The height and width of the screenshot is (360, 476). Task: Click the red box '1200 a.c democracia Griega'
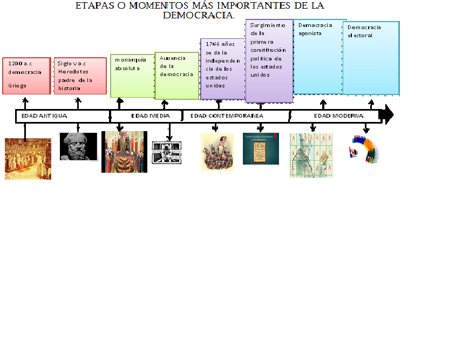(26, 75)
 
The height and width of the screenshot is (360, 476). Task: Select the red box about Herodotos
(80, 75)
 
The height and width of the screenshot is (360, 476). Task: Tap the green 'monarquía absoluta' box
(132, 76)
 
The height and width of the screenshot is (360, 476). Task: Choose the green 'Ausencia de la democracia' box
(176, 76)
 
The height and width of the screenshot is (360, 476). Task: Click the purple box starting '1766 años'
(222, 69)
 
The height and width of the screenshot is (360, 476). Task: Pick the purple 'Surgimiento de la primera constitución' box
(269, 60)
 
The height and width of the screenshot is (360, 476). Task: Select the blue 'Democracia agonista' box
(319, 57)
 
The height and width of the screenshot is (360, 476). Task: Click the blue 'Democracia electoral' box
(371, 58)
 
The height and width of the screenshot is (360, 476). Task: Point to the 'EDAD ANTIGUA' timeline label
(44, 116)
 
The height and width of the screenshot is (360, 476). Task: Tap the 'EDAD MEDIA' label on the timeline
(151, 116)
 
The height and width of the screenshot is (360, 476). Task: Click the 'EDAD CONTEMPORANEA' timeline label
(227, 116)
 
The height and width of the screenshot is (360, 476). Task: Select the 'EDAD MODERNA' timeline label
(338, 116)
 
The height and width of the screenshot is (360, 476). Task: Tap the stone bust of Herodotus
(78, 146)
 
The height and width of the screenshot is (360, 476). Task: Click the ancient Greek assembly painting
(28, 159)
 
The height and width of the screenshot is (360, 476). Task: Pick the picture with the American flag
(217, 152)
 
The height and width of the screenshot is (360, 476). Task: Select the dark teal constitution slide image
(261, 148)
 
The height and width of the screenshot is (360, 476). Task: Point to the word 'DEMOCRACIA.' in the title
(199, 15)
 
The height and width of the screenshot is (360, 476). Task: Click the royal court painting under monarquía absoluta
(124, 152)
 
